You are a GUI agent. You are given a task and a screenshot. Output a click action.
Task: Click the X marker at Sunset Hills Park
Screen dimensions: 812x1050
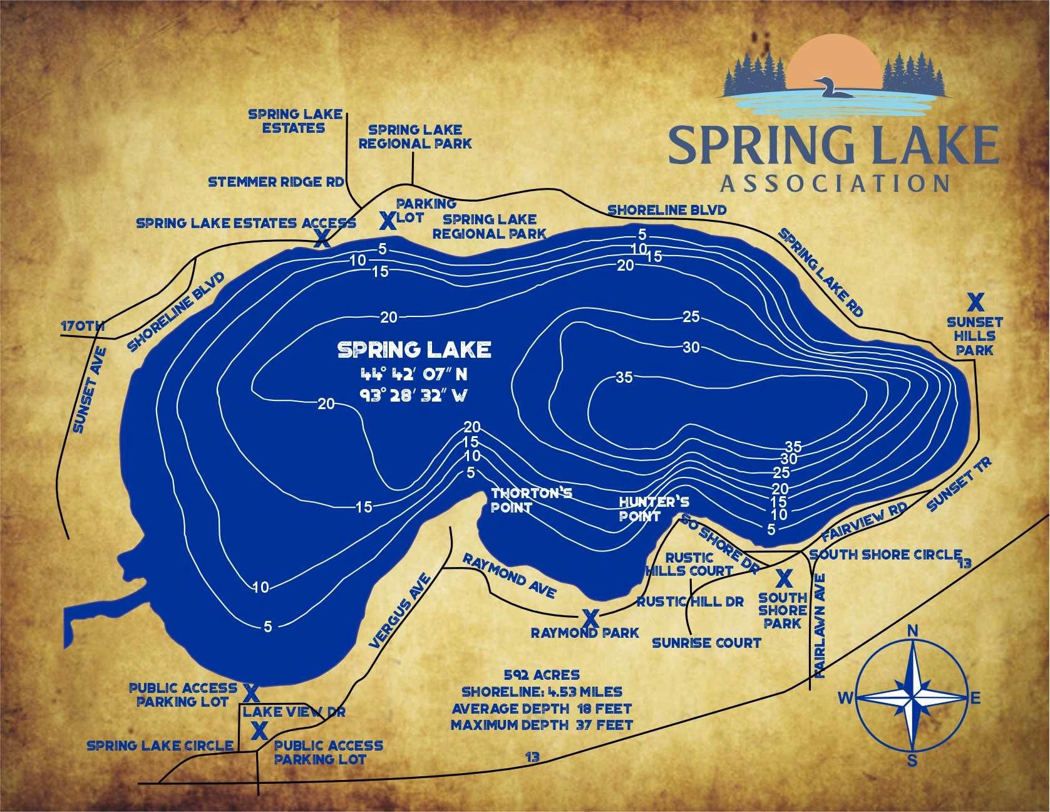tap(975, 303)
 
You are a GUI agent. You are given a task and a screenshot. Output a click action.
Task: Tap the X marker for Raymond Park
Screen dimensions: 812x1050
tap(589, 618)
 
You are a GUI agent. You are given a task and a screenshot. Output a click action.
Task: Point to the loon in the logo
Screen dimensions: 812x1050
tap(833, 88)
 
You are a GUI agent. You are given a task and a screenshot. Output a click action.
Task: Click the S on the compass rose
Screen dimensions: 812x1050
tap(913, 761)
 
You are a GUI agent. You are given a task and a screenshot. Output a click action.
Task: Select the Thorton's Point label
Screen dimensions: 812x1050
tap(531, 500)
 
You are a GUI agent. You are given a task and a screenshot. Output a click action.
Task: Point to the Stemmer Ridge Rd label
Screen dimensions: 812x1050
tap(276, 182)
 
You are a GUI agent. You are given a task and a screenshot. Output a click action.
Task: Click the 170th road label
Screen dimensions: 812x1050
tap(82, 326)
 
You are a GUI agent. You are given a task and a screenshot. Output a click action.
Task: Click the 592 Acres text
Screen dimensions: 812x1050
tap(542, 675)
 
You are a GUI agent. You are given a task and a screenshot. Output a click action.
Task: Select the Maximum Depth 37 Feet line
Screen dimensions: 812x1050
tap(542, 726)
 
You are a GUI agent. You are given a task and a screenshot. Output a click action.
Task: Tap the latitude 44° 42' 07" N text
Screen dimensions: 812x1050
tap(414, 375)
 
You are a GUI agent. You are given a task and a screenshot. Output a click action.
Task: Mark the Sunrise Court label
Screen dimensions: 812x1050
tap(706, 642)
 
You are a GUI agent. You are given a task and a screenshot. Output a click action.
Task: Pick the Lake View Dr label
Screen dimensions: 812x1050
tap(294, 712)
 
